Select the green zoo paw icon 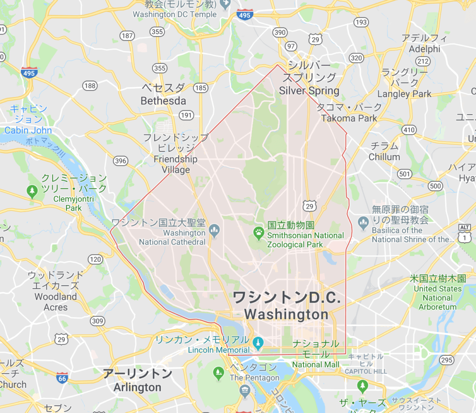[x=258, y=231]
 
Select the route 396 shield [x=120, y=161]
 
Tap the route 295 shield [x=447, y=360]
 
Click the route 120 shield [x=95, y=259]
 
